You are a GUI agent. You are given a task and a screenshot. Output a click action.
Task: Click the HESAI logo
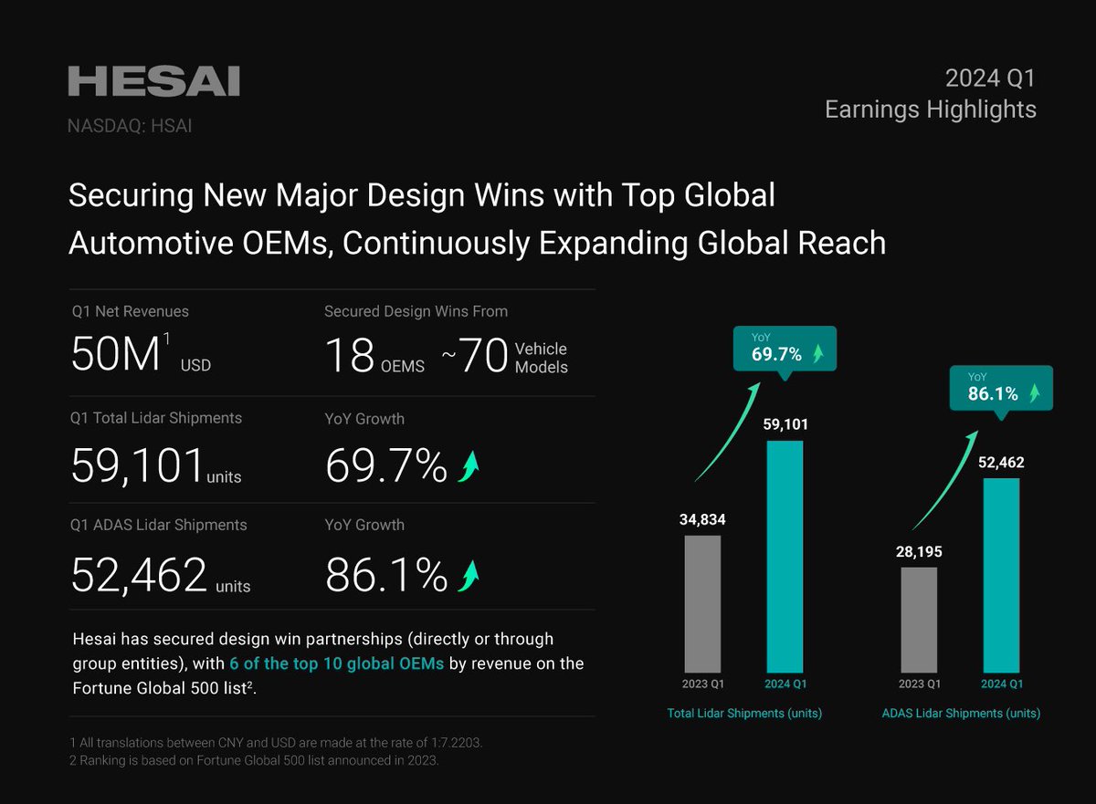[x=153, y=81]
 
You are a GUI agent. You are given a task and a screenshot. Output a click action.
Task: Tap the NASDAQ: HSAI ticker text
[x=130, y=127]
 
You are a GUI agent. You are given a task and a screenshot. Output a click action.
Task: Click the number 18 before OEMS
[x=349, y=357]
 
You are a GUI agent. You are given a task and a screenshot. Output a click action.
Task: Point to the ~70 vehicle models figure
[x=475, y=357]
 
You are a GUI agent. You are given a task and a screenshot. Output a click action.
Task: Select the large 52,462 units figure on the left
[x=139, y=574]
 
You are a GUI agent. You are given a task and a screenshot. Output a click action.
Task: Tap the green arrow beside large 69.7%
[x=469, y=466]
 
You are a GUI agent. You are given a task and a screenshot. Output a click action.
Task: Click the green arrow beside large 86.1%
[x=469, y=574]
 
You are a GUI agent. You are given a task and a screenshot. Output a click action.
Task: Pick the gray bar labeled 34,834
[x=702, y=603]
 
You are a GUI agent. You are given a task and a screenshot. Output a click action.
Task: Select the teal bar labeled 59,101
[x=785, y=556]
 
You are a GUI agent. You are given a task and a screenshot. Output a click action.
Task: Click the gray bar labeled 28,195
[x=919, y=620]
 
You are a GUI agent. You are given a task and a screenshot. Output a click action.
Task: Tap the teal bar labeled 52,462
[x=1001, y=575]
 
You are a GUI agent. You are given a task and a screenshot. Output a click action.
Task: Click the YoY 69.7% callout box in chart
[x=784, y=348]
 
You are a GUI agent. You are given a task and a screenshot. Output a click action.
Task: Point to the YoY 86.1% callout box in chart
[x=1000, y=388]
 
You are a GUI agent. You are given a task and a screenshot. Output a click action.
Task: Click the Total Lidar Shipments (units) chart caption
[x=743, y=714]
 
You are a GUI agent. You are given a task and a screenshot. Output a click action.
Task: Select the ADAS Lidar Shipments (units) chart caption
[x=960, y=714]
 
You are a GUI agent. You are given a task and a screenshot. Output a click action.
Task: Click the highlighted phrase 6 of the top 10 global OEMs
[x=337, y=663]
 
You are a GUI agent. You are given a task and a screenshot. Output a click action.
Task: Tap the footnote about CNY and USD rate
[x=276, y=743]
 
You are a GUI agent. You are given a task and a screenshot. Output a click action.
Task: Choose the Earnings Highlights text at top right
[x=930, y=110]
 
